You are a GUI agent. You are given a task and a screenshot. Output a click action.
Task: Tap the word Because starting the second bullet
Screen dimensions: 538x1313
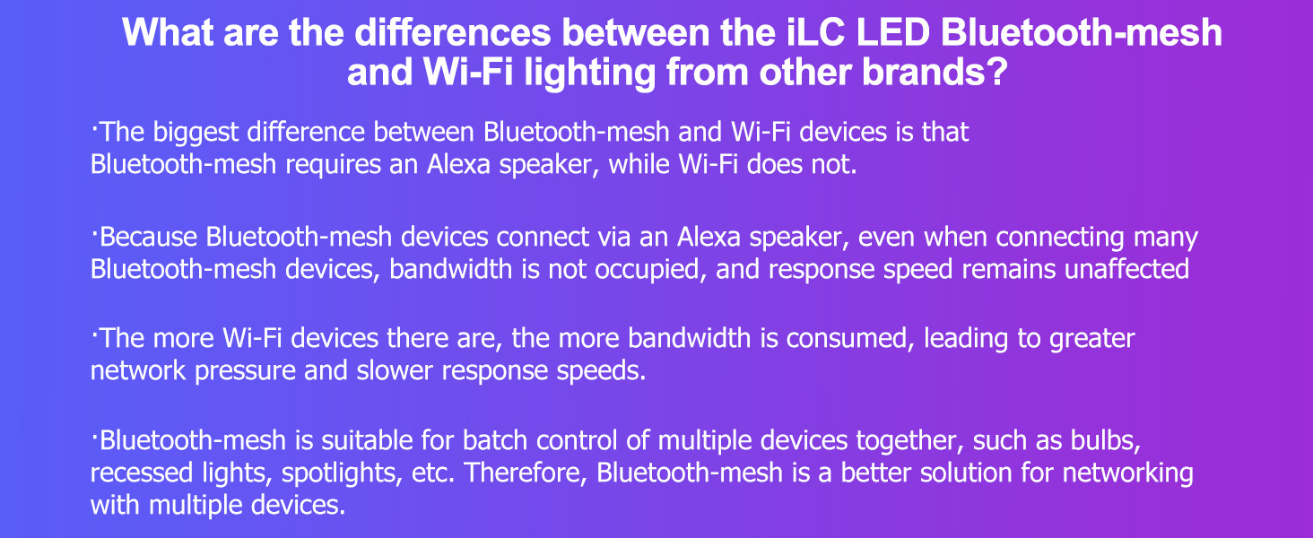[x=150, y=238]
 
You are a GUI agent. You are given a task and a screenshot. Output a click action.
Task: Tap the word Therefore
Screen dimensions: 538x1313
[x=523, y=473]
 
